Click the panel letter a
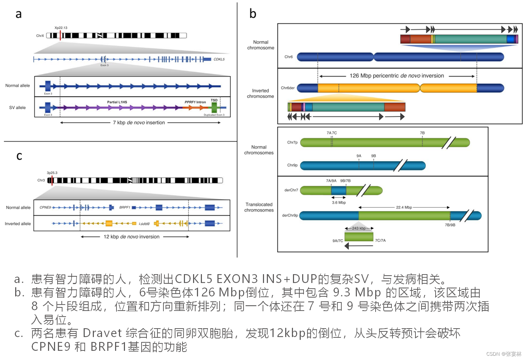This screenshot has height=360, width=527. pyautogui.click(x=18, y=14)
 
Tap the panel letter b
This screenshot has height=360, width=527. pyautogui.click(x=253, y=13)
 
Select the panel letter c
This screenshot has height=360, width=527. pyautogui.click(x=19, y=156)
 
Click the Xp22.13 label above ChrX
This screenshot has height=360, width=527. pyautogui.click(x=61, y=28)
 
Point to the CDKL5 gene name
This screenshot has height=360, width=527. pyautogui.click(x=219, y=59)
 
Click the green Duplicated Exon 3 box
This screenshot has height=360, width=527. pyautogui.click(x=214, y=108)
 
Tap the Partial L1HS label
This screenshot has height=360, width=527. pyautogui.click(x=117, y=102)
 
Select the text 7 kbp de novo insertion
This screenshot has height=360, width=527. pyautogui.click(x=139, y=123)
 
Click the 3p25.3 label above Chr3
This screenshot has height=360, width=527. pyautogui.click(x=52, y=173)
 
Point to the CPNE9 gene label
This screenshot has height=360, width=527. pyautogui.click(x=45, y=207)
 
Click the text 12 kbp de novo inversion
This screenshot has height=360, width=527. pyautogui.click(x=131, y=237)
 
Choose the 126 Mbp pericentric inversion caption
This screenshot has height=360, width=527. pyautogui.click(x=397, y=76)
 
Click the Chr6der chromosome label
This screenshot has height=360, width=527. pyautogui.click(x=288, y=88)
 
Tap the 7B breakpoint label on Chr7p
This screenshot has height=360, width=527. pyautogui.click(x=422, y=133)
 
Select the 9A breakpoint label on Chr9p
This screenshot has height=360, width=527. pyautogui.click(x=359, y=156)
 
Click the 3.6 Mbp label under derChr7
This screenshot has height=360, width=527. pyautogui.click(x=339, y=202)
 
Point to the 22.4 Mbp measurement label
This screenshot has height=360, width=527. pyautogui.click(x=404, y=207)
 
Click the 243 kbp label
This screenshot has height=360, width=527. pyautogui.click(x=359, y=228)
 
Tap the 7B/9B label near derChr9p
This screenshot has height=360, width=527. pyautogui.click(x=450, y=225)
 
